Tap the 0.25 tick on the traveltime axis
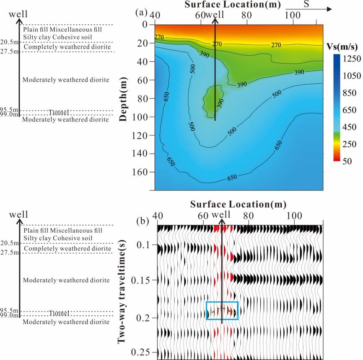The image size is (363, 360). [x=144, y=352]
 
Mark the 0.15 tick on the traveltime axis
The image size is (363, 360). [x=144, y=280]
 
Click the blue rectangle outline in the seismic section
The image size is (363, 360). [x=223, y=302]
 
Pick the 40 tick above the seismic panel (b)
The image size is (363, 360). [x=158, y=216]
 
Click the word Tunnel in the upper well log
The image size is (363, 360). [x=58, y=113]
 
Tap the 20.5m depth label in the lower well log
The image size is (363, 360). [x=10, y=243]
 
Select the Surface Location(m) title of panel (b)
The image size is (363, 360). [x=238, y=204]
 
